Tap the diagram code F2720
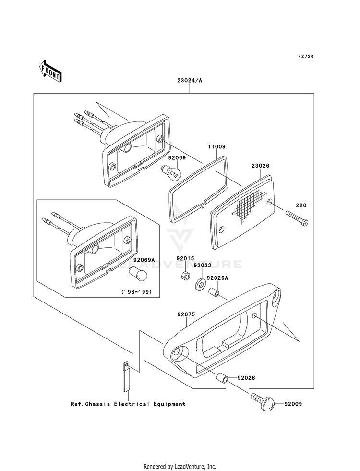pos(305,57)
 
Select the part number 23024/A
pos(189,81)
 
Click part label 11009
pos(216,146)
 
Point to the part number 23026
pos(260,166)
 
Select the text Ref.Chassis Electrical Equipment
pos(128,404)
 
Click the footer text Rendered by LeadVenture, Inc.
pos(180,466)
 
